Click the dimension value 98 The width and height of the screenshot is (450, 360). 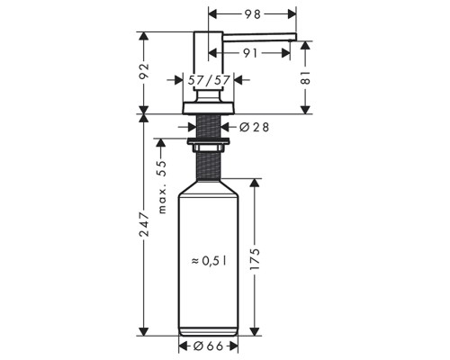point(253,14)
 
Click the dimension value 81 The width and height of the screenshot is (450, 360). point(306,78)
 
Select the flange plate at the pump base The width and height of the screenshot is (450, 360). point(209,107)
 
